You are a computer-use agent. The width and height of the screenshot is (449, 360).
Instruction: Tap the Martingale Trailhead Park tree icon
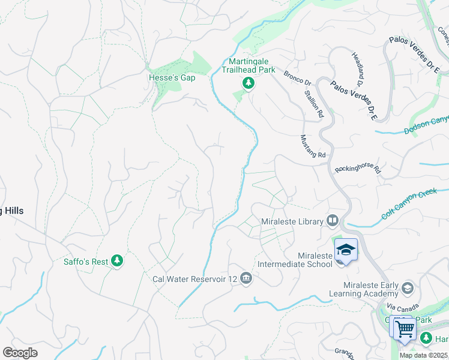(247, 83)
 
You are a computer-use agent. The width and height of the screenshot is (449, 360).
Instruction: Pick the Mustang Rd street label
(312, 146)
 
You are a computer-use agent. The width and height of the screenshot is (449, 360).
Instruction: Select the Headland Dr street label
(361, 64)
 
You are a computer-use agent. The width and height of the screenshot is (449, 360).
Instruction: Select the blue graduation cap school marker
(346, 249)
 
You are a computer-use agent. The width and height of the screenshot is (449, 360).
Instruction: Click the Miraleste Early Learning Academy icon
(408, 289)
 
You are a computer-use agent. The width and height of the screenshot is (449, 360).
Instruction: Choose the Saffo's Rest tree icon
(118, 260)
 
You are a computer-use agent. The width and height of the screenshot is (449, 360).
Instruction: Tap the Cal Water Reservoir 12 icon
(246, 278)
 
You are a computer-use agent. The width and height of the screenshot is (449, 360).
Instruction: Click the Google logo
(20, 352)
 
